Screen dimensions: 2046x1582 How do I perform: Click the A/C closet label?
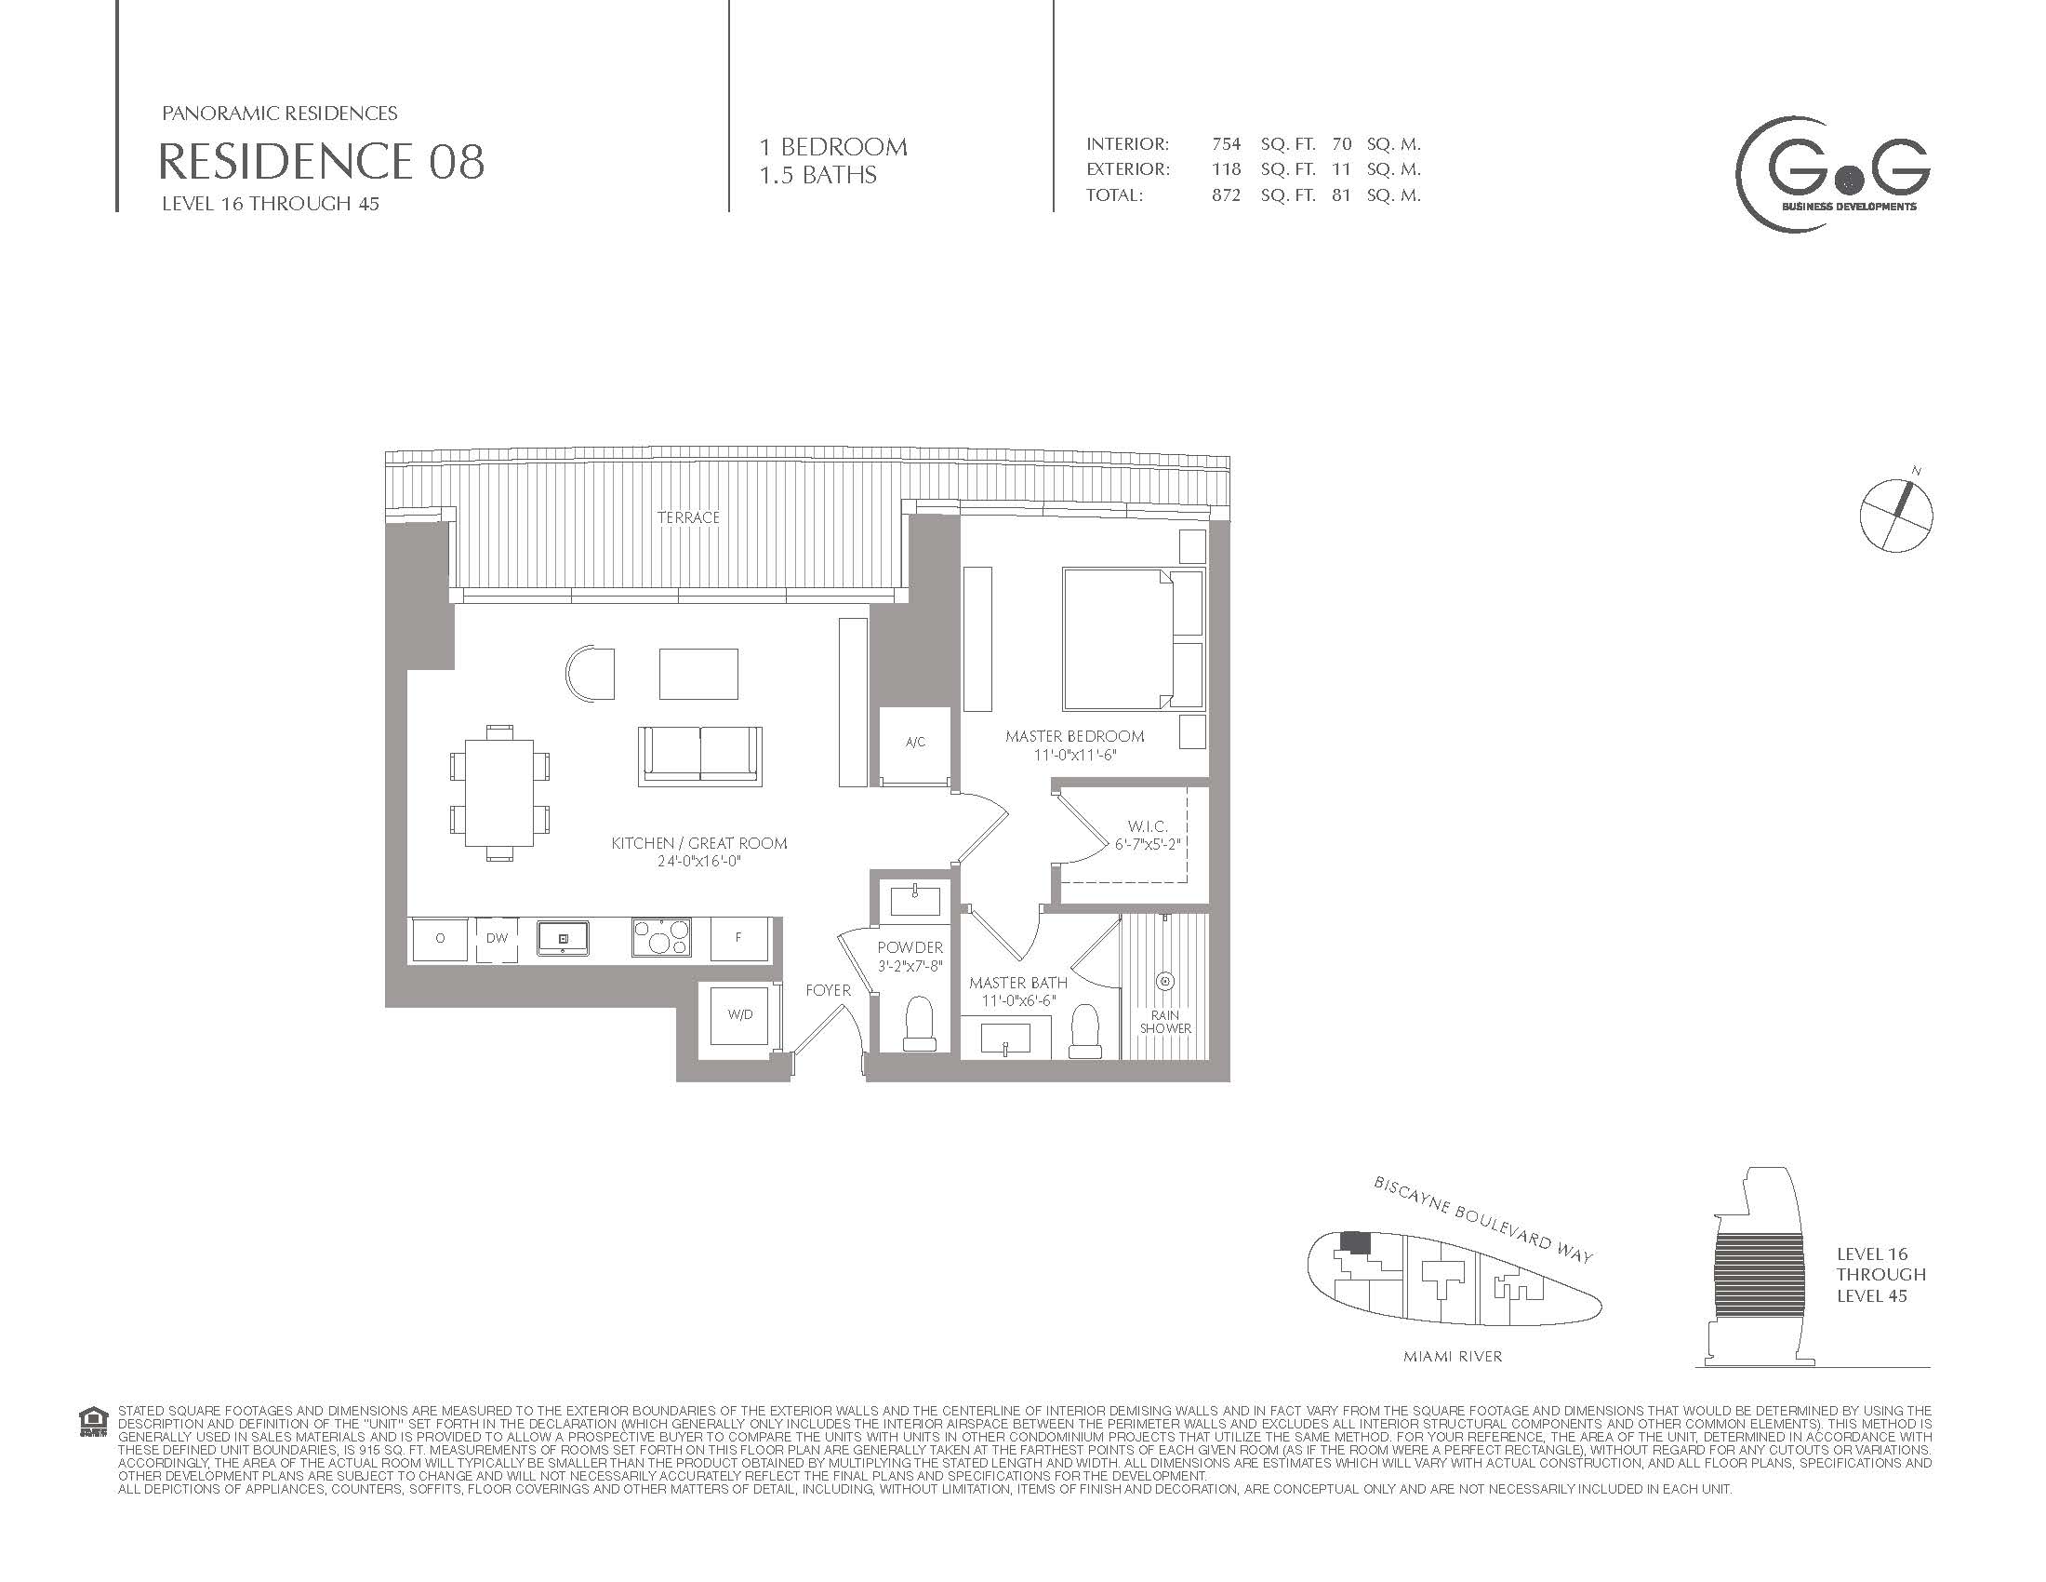click(915, 743)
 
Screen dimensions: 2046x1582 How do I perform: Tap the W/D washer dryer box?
click(740, 1015)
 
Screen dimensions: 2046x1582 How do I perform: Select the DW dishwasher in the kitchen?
click(497, 938)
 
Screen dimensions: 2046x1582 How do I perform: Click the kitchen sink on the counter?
click(562, 937)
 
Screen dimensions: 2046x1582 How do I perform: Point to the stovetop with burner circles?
click(661, 937)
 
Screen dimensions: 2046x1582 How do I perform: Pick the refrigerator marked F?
click(739, 937)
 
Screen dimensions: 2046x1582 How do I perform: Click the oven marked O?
click(439, 938)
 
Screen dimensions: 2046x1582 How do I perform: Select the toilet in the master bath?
click(1085, 1031)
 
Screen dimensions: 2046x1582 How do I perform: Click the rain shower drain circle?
click(1165, 981)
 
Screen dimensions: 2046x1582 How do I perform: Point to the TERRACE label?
click(688, 517)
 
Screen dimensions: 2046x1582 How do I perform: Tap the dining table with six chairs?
click(500, 792)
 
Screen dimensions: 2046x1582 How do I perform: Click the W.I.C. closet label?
click(1147, 826)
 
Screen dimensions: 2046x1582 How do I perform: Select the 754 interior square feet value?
click(1227, 144)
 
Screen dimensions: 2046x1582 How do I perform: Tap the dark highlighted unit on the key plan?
click(1355, 1242)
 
